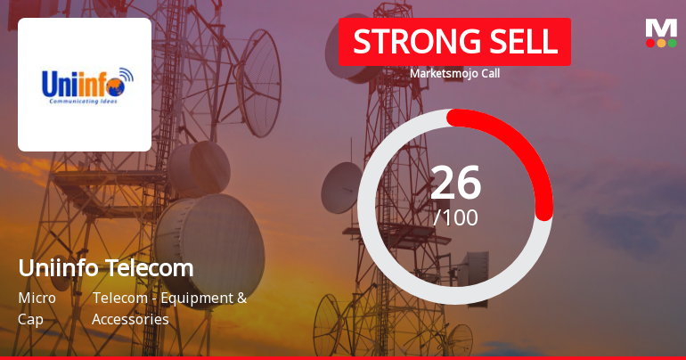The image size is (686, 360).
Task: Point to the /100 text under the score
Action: pyautogui.click(x=455, y=217)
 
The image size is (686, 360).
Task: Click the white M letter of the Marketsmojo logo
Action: pyautogui.click(x=661, y=28)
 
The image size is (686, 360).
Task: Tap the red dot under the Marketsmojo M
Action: pyautogui.click(x=650, y=43)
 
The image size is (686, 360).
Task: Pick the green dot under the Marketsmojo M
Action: pyautogui.click(x=672, y=43)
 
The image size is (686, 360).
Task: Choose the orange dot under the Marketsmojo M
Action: pyautogui.click(x=661, y=43)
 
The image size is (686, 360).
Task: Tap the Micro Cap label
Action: pyautogui.click(x=37, y=308)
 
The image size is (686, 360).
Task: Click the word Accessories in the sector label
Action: pyautogui.click(x=130, y=319)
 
